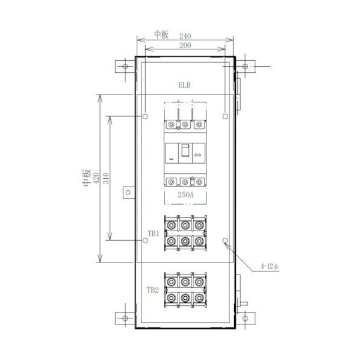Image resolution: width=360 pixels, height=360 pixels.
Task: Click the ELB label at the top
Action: coord(184,86)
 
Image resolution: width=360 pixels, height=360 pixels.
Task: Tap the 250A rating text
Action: coord(185,196)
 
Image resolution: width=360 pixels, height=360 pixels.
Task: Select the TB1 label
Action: coord(152,233)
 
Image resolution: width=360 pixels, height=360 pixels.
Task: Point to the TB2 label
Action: coord(152,290)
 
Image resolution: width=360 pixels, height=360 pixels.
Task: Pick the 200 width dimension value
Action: coord(185,46)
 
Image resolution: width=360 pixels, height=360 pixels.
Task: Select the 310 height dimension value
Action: coord(107,178)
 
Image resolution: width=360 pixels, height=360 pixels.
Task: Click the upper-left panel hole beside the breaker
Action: coord(145,116)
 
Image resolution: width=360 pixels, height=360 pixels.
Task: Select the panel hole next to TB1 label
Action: coord(145,241)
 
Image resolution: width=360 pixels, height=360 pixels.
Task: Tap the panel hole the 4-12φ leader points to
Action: coord(225,241)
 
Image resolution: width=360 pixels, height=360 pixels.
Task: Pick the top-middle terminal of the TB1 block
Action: coord(185,225)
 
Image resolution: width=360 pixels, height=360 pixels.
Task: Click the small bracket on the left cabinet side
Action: coord(128,192)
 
